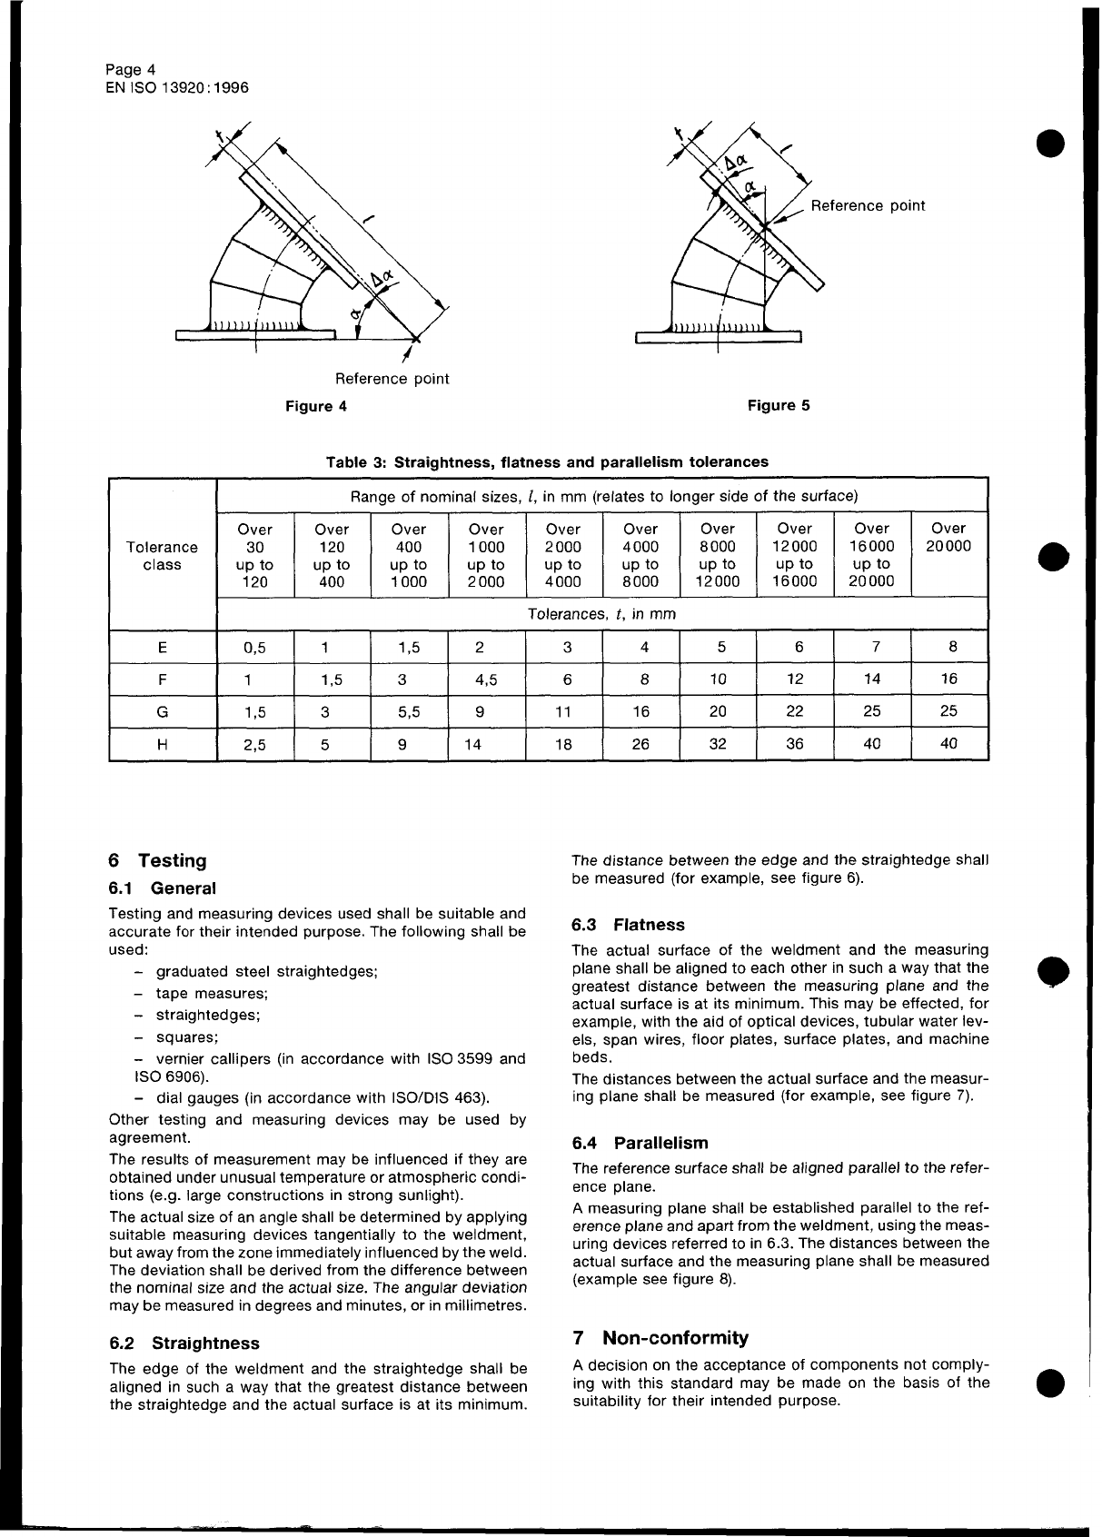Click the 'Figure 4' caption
point(316,406)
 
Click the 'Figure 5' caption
point(778,405)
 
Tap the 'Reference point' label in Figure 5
point(868,205)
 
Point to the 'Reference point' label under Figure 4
point(392,379)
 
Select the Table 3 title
point(547,461)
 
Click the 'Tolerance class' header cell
point(162,556)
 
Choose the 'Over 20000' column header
point(948,537)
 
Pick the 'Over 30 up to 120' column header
point(255,555)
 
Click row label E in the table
point(162,648)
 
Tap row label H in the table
point(162,744)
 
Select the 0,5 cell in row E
point(255,648)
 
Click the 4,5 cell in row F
point(486,679)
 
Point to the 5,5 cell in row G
point(409,712)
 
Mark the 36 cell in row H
point(795,744)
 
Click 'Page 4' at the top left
point(131,70)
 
